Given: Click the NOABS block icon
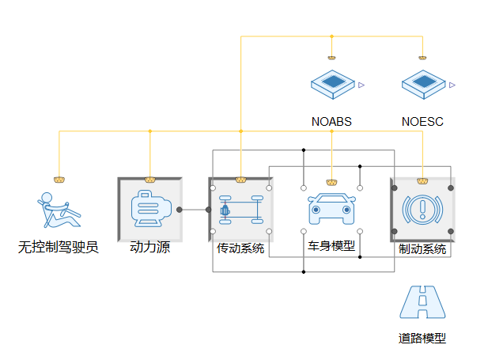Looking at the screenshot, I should coord(331,83).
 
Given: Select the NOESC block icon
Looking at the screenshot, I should coord(422,83).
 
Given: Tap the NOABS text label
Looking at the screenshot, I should coord(331,122).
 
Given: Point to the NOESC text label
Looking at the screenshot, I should coord(422,122).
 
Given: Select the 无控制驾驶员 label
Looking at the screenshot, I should coord(59,248).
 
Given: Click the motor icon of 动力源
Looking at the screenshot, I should coord(149,210).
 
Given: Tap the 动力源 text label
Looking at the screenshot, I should coord(149,248).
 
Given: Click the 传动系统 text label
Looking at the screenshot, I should coord(240,248).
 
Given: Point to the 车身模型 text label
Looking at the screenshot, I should coord(331,246).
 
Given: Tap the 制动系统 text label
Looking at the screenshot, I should coord(422,248).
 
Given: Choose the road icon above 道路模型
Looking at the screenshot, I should coord(422,302).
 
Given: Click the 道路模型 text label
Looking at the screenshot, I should coord(422,339).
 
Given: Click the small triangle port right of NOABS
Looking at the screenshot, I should coord(361,83).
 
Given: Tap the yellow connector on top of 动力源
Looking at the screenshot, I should coord(149,180).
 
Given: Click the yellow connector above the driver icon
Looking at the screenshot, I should coord(59,180).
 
